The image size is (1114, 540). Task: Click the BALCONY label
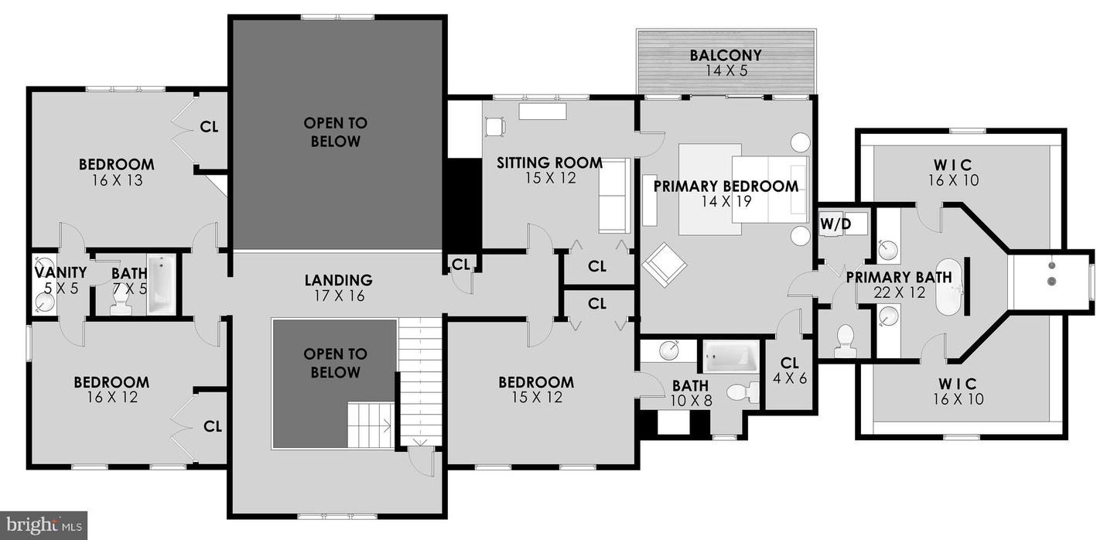click(x=725, y=56)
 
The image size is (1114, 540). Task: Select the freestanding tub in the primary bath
click(x=949, y=287)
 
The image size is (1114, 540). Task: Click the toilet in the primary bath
click(x=846, y=340)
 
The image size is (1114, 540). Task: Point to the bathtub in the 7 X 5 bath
click(x=162, y=285)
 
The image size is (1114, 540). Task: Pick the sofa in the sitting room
click(x=614, y=195)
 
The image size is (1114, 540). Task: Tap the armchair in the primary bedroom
click(x=664, y=264)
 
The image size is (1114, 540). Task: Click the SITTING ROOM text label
click(x=549, y=163)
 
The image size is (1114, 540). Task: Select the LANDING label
click(x=338, y=280)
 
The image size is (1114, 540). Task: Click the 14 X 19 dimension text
click(x=725, y=202)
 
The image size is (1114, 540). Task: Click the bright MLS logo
click(x=43, y=525)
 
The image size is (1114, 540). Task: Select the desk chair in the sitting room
click(x=494, y=125)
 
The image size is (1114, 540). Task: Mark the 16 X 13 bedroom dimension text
click(x=116, y=180)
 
